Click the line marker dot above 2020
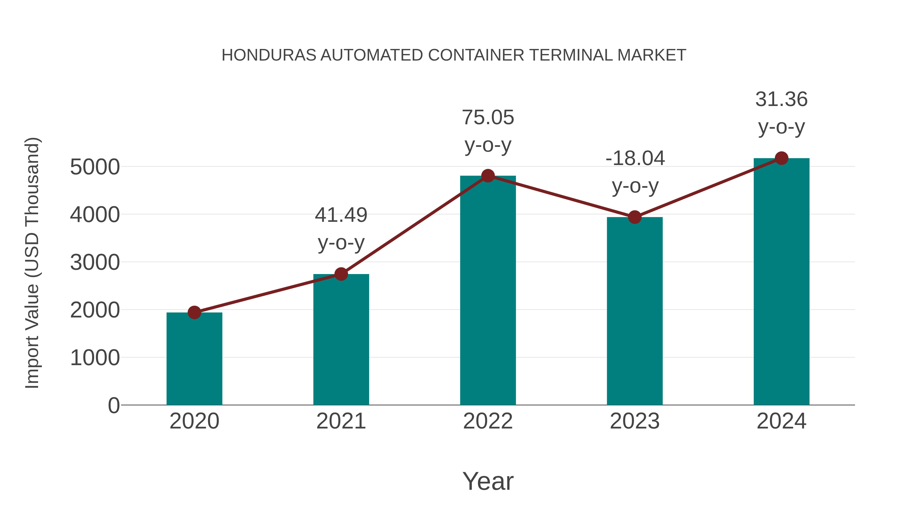(x=194, y=312)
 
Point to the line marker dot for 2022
(x=488, y=176)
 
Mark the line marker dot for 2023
(x=635, y=217)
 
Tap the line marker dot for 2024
(x=781, y=158)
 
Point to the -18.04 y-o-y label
(x=635, y=172)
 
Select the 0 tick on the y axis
(x=113, y=405)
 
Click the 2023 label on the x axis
(x=635, y=421)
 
